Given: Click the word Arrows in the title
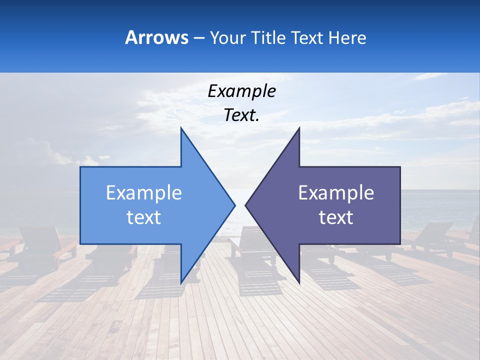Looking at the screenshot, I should coord(156,37).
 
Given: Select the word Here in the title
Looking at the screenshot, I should coord(347,37).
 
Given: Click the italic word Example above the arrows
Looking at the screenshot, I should coord(241,91).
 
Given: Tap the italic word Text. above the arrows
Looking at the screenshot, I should coord(241,115).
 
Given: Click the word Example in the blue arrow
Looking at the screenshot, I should coord(144,193).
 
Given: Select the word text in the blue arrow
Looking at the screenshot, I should coord(144,217).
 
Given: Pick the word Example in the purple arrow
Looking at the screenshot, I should coord(336,193).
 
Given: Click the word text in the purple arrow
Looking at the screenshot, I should coord(336,217).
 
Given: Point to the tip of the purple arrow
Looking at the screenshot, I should coord(247,205).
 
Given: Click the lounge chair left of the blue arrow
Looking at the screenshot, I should coord(40,245).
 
